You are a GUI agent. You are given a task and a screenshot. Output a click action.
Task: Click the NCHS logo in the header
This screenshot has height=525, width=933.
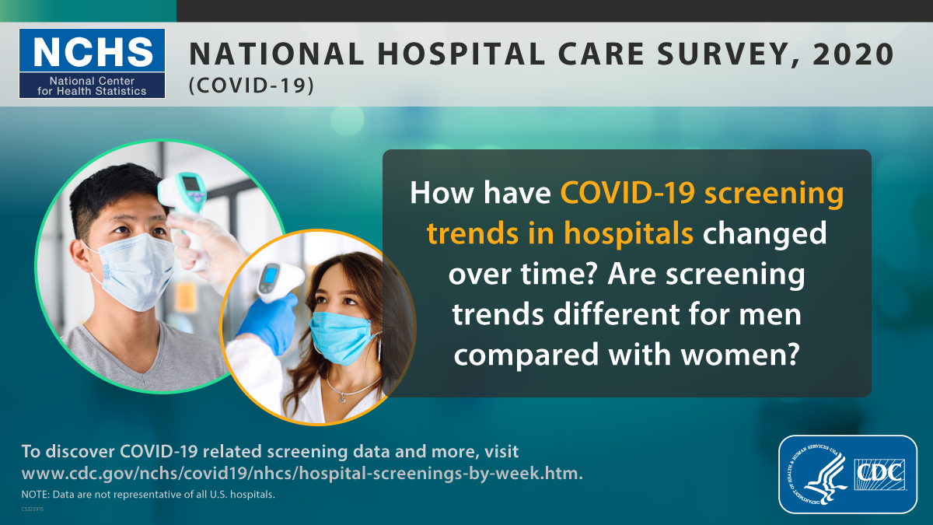[x=93, y=63]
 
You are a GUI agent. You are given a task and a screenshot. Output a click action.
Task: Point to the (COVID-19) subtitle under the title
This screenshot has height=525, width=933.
[x=251, y=86]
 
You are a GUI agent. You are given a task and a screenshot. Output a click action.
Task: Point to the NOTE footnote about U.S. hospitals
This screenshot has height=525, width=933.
[x=148, y=495]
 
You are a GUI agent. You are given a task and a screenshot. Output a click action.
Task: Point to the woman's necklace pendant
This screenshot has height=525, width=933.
[x=342, y=397]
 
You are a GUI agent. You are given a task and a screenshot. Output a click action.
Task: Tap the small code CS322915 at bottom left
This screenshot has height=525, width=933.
[x=33, y=509]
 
